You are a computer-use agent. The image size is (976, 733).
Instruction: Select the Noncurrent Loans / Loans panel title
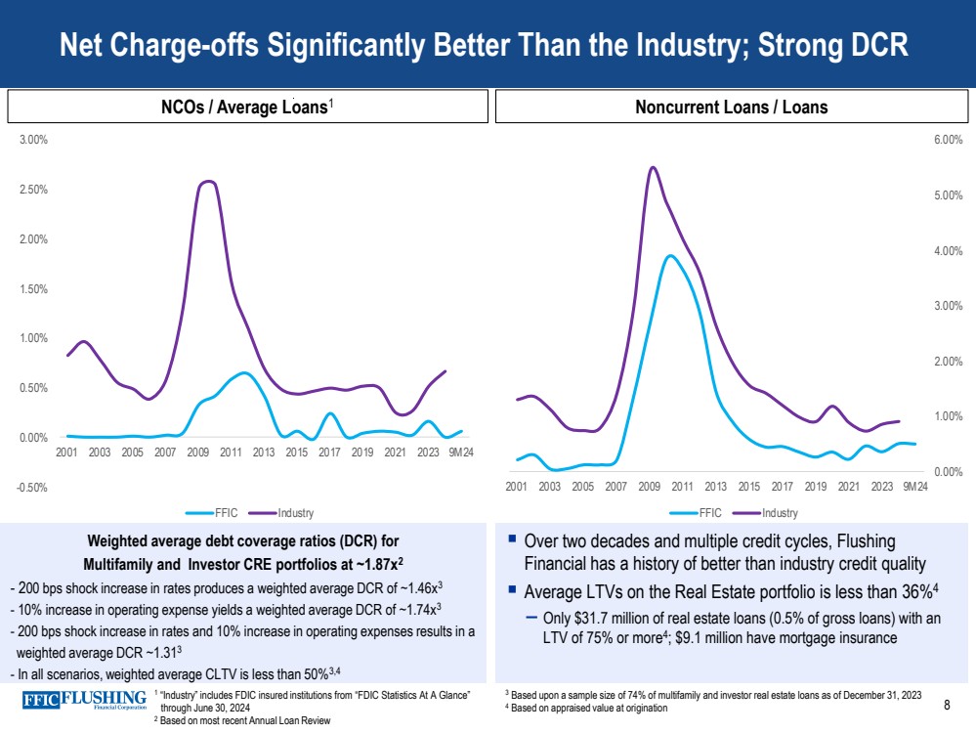(x=730, y=108)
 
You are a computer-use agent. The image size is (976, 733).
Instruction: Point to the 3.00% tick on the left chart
(x=33, y=140)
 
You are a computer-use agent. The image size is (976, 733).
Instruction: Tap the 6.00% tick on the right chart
(x=949, y=141)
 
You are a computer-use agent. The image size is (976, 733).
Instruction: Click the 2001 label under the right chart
(x=516, y=487)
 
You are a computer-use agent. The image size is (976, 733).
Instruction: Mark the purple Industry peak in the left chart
(x=207, y=182)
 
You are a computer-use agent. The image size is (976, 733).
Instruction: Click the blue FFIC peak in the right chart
(x=669, y=256)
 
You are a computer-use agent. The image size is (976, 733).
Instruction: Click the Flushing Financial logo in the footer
(x=86, y=700)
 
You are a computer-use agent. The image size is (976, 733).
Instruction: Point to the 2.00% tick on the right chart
(x=949, y=362)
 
